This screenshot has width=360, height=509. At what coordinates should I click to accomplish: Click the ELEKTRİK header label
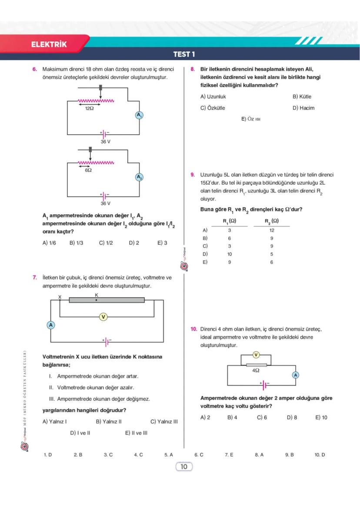tap(49, 44)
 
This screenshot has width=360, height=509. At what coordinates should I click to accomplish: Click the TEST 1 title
tap(184, 54)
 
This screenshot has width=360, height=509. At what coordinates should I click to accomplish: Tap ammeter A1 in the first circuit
tap(139, 115)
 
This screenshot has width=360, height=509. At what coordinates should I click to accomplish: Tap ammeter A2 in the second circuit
tap(139, 177)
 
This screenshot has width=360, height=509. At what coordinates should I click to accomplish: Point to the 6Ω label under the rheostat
tap(88, 170)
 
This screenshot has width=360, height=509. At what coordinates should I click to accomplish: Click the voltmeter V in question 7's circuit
tap(103, 317)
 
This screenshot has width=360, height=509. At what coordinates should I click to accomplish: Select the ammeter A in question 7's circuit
tap(51, 325)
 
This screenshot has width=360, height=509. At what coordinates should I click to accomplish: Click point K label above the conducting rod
tap(97, 295)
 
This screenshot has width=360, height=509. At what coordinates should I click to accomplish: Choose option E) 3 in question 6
tap(162, 243)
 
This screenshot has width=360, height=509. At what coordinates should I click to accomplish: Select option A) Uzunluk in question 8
tap(213, 96)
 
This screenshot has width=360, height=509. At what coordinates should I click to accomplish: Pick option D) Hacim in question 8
tap(303, 108)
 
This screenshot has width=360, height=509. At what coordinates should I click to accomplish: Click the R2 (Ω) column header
tap(272, 221)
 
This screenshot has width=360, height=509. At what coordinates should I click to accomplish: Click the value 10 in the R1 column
tap(229, 254)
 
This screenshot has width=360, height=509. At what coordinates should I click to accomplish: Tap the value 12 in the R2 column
tap(272, 230)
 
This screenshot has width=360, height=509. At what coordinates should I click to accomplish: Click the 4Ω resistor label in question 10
tap(256, 371)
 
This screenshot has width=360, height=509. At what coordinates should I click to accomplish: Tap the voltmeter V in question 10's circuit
tap(256, 355)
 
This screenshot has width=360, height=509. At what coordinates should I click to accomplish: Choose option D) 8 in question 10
tap(292, 417)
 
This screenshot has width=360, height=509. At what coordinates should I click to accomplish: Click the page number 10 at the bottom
tap(183, 467)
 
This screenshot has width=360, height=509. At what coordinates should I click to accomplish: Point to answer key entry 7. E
tap(229, 455)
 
